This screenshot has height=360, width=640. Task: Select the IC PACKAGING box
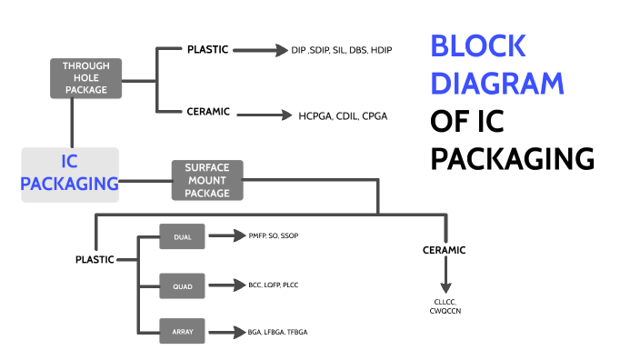(70, 174)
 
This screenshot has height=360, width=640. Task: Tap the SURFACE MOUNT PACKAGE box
(207, 180)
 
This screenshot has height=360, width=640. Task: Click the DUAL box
(182, 236)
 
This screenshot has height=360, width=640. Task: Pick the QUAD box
(182, 285)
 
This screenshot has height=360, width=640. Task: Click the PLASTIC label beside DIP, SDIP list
(207, 49)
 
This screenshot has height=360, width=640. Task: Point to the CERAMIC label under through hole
(208, 112)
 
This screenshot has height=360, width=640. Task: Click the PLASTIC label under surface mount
(95, 259)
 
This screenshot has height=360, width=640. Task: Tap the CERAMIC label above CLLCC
(445, 249)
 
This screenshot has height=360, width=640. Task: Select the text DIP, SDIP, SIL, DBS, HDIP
(342, 50)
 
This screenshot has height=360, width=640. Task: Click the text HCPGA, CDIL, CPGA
(344, 115)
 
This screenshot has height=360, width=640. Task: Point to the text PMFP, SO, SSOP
(273, 236)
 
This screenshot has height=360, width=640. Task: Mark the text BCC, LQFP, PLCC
(273, 285)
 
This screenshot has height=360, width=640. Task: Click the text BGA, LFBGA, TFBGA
(277, 332)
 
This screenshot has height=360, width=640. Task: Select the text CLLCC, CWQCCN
(445, 306)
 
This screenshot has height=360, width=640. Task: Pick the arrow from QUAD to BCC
(223, 285)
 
